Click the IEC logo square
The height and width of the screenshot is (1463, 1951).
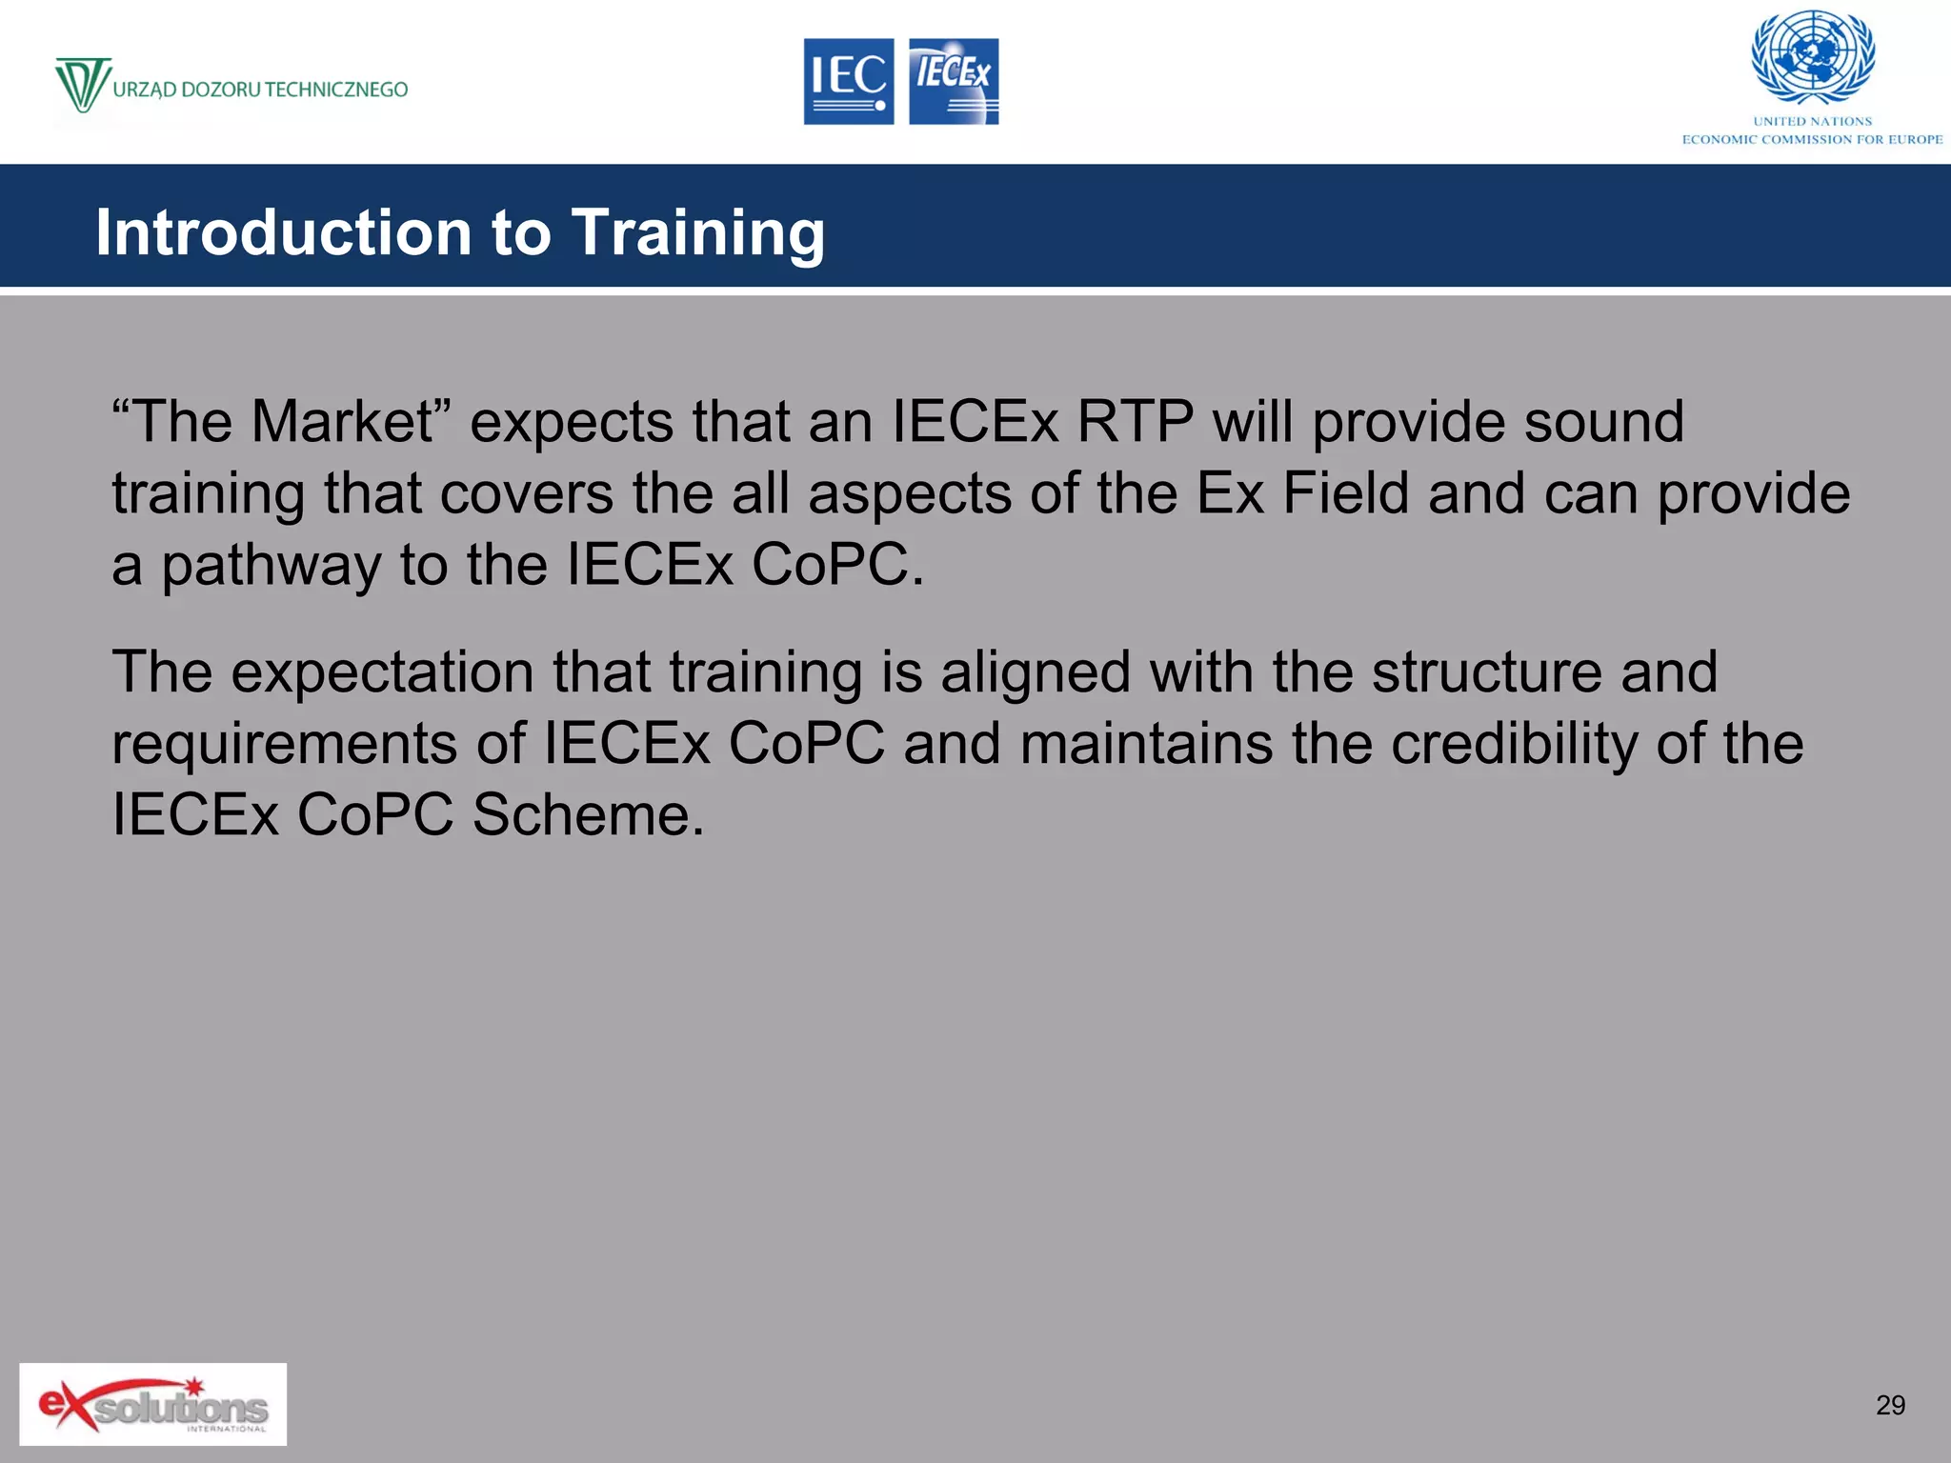(x=848, y=81)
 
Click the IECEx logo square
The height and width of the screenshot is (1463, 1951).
(x=954, y=81)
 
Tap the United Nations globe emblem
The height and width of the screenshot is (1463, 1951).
(x=1813, y=57)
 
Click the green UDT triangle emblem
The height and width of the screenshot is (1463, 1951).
(x=82, y=85)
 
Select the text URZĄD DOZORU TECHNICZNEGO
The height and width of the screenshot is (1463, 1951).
(x=260, y=90)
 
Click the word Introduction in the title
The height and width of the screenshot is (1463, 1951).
(x=284, y=232)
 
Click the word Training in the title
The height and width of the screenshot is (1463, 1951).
(x=697, y=232)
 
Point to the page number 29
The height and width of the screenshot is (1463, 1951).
(x=1890, y=1405)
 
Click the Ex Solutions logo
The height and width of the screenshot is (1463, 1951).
(x=152, y=1404)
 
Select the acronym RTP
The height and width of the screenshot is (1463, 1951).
(x=1135, y=421)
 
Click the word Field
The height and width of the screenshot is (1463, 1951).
(x=1345, y=493)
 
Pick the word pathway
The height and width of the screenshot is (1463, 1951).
(x=271, y=566)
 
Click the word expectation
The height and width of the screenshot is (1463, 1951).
(x=382, y=671)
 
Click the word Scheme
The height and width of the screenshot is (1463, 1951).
(x=588, y=815)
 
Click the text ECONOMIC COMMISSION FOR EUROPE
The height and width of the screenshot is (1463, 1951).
(x=1812, y=139)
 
